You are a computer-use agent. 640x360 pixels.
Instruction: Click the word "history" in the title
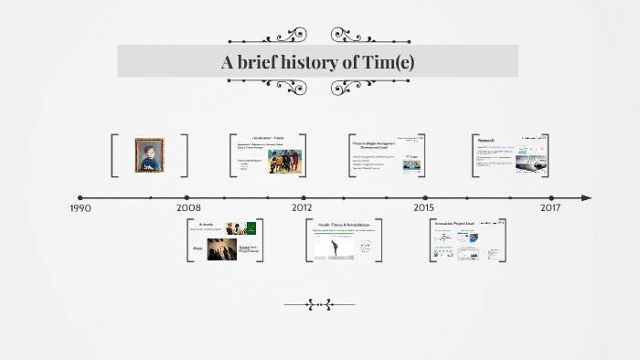click(x=307, y=62)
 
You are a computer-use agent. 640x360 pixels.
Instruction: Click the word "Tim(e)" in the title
click(x=388, y=62)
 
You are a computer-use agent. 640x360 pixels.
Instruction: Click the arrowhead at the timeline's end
click(x=586, y=197)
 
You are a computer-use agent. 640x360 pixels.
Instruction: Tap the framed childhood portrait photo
click(x=149, y=155)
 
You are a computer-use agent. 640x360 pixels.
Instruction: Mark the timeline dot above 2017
click(x=550, y=197)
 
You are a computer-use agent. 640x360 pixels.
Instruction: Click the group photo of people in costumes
click(x=284, y=162)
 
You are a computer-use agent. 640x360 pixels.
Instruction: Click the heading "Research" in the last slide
click(x=486, y=141)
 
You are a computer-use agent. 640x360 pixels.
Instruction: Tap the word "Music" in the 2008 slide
click(x=197, y=247)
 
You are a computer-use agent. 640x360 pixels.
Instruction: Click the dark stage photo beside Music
click(x=220, y=249)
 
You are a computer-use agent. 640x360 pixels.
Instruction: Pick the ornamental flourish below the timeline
click(x=318, y=304)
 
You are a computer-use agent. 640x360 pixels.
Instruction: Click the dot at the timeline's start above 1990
click(x=80, y=197)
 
